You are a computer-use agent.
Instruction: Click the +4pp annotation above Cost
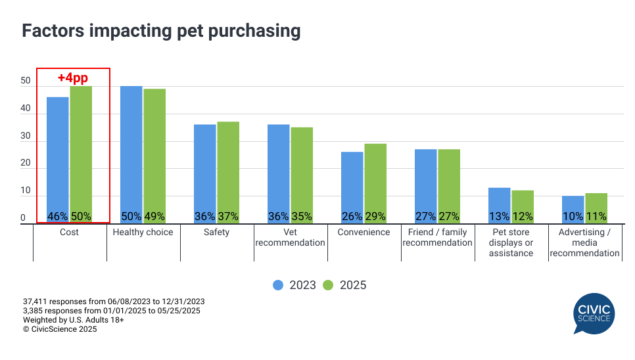(72, 78)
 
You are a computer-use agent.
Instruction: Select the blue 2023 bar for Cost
(58, 158)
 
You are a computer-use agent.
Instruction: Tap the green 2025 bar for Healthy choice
(154, 154)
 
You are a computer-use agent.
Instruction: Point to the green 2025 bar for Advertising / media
(596, 208)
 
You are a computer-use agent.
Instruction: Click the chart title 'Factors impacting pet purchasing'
(161, 31)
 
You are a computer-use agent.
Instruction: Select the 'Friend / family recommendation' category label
(437, 237)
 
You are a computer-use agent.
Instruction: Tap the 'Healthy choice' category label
(143, 233)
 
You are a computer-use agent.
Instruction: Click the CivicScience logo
(593, 313)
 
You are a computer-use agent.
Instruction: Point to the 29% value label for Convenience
(376, 217)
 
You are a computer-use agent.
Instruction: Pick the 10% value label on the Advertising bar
(573, 217)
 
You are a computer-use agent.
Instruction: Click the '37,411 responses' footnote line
(113, 302)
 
